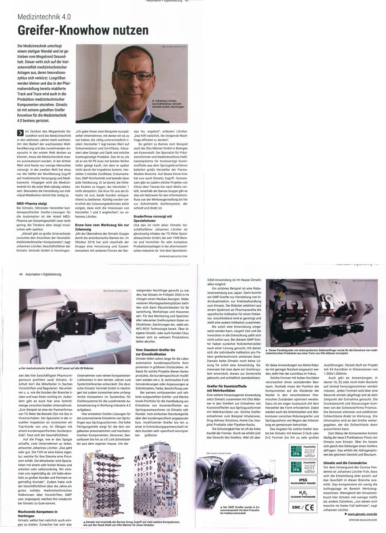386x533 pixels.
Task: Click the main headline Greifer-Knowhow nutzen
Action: tap(83, 31)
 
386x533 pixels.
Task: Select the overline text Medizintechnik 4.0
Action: tap(44, 17)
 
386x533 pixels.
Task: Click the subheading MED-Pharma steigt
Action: tap(32, 204)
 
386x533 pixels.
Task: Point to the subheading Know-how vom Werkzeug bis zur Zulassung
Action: tap(102, 227)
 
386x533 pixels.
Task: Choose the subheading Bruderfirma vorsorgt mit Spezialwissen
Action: tap(153, 218)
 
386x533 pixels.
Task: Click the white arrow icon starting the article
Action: tap(20, 133)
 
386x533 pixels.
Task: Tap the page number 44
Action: tap(21, 274)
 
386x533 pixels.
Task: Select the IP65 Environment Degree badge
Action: tap(303, 481)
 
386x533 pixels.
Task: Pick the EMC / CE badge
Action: tap(303, 508)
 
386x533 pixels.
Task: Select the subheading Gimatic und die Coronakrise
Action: tap(345, 463)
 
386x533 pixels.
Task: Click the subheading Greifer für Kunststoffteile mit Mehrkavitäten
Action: tap(227, 388)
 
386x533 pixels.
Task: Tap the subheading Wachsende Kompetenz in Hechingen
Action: tap(38, 513)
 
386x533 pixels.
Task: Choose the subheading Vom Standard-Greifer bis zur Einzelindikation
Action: tap(155, 352)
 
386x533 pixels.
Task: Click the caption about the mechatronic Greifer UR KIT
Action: tap(57, 368)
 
